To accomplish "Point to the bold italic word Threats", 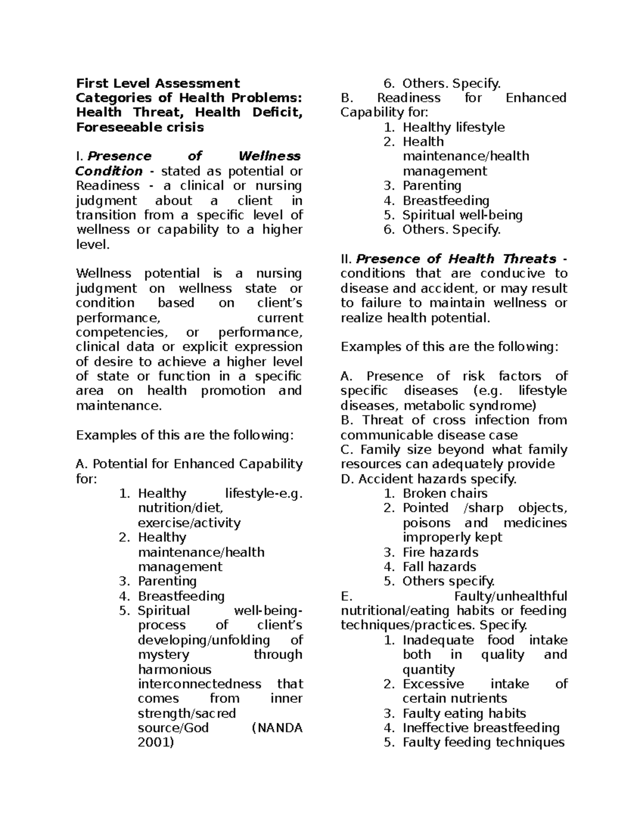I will coord(529,259).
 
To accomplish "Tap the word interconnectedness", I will coord(199,684).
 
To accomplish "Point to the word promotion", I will coord(233,391).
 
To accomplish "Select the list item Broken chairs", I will coord(445,493).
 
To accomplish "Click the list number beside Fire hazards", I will coord(388,552).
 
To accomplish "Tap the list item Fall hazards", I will coord(439,567).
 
